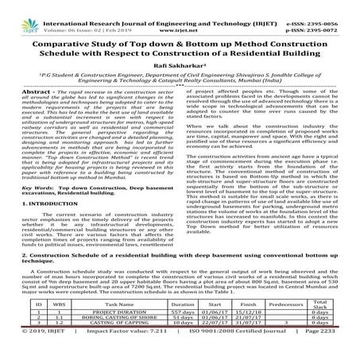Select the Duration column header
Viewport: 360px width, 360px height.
[182, 304]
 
